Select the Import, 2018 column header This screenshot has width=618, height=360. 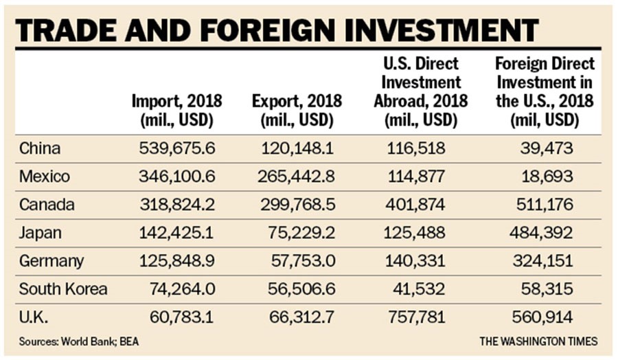[176, 110]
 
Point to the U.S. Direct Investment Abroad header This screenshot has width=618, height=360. [420, 91]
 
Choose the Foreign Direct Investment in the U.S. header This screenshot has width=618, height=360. [545, 91]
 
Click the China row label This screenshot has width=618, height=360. [40, 148]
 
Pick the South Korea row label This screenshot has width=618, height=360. [63, 289]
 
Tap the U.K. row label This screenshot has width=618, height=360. [34, 317]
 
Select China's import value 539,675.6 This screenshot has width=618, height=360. [177, 148]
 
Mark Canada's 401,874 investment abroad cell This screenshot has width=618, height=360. [417, 204]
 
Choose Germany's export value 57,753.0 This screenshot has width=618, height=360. [303, 260]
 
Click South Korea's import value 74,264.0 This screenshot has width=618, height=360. [181, 289]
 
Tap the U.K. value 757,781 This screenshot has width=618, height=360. [417, 317]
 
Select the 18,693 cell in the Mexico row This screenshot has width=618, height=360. [547, 176]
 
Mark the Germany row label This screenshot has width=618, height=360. [51, 260]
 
